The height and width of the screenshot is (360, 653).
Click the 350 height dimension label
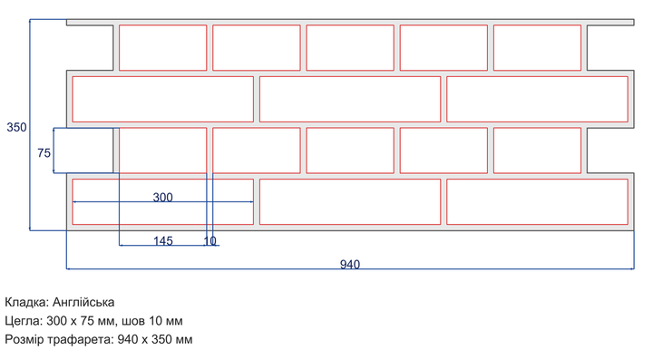point(16,127)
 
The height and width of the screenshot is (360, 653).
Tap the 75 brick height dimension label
point(44,153)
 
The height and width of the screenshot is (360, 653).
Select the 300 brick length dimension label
point(163,198)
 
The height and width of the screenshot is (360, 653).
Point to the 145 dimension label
point(163,241)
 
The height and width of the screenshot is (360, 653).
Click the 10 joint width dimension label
point(210,241)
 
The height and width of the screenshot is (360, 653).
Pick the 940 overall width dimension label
point(350,265)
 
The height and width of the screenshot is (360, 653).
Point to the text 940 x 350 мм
point(155,340)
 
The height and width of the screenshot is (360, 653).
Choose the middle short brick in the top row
point(350,47)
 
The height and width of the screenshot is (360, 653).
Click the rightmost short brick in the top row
point(537,47)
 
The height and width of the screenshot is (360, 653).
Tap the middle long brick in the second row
point(350,99)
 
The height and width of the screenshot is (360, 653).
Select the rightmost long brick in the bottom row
point(537,202)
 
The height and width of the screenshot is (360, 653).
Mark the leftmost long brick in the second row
point(163,99)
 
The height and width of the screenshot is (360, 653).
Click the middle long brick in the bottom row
point(350,202)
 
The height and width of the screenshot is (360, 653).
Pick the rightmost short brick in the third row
point(537,151)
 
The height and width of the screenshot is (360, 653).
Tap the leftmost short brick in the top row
point(163,47)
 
